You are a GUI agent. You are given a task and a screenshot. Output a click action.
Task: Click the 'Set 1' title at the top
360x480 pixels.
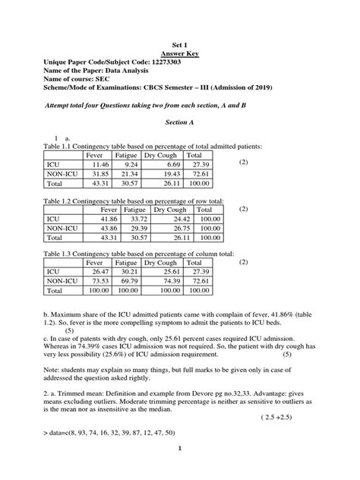point(180,45)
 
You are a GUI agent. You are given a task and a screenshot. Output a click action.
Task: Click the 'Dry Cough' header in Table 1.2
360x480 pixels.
point(170,209)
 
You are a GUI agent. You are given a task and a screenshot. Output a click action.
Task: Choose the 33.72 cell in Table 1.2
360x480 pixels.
point(135,219)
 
